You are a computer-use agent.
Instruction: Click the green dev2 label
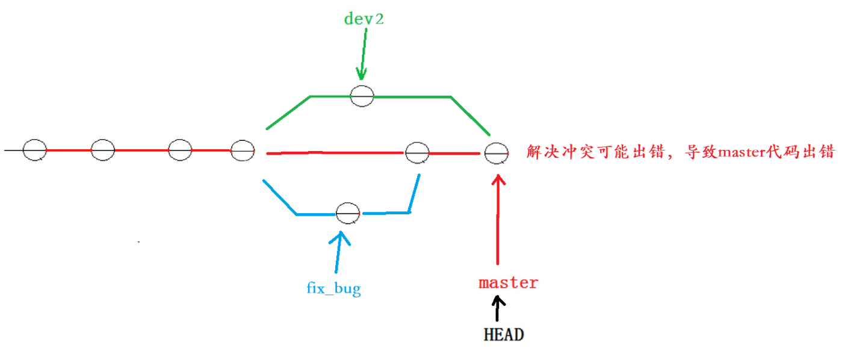(364, 19)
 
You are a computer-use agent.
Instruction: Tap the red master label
(509, 282)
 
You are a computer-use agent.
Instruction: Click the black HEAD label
(504, 335)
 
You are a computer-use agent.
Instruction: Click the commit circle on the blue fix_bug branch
(348, 213)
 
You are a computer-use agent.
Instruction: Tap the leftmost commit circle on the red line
(34, 150)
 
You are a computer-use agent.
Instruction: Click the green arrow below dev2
(363, 54)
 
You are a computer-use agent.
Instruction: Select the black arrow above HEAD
(497, 309)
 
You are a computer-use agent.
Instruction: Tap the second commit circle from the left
(102, 150)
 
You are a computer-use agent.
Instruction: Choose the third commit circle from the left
(179, 150)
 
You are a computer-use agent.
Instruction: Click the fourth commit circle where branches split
(243, 151)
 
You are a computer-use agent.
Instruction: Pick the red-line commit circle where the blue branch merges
(417, 153)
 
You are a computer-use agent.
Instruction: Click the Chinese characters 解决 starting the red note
(541, 152)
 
